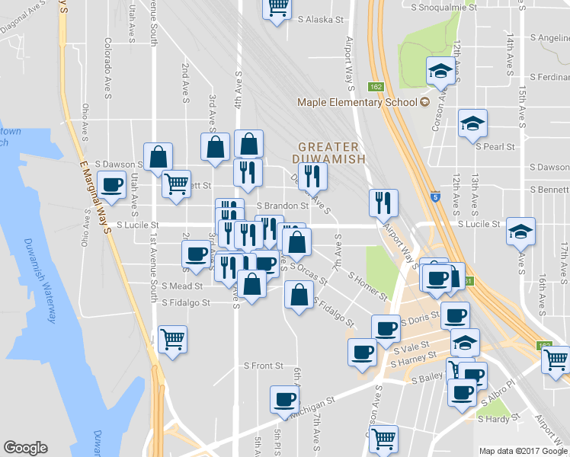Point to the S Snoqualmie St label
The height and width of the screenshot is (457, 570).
click(444, 7)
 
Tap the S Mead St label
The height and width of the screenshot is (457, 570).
click(181, 286)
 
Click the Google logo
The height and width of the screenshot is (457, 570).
click(26, 449)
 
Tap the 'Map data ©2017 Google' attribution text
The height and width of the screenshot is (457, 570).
click(523, 451)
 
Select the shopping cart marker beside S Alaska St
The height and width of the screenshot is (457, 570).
click(278, 7)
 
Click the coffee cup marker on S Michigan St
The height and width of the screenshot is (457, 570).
click(285, 398)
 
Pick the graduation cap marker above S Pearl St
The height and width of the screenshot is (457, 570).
click(472, 122)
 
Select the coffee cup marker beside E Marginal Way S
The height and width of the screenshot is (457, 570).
click(112, 184)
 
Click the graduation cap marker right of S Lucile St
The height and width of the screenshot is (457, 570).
click(521, 230)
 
